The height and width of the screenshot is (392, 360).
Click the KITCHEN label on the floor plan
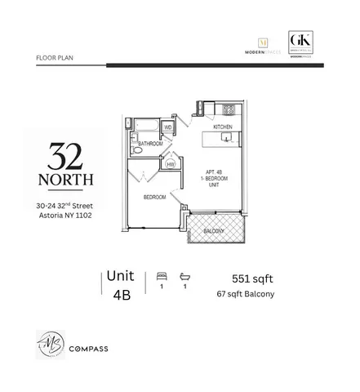[222, 127]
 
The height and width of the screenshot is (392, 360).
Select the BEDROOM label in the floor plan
[155, 198]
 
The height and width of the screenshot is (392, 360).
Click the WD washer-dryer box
[168, 127]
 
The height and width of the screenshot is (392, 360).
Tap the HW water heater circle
[170, 164]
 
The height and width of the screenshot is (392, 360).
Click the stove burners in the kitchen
[229, 109]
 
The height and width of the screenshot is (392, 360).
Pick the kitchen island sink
[228, 140]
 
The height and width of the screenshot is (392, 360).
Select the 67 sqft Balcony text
[245, 294]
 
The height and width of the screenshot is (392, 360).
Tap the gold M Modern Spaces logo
[263, 42]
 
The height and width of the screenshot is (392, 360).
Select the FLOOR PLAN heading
[55, 59]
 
